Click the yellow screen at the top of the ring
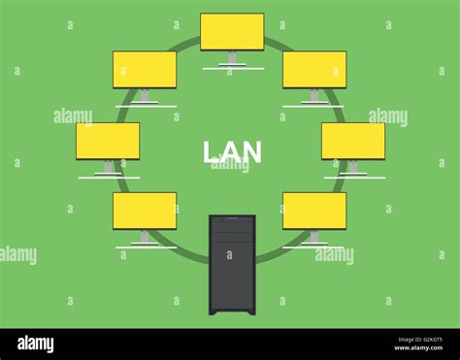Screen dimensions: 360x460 tap(232, 31)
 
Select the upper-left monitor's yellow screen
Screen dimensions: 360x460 tap(145, 70)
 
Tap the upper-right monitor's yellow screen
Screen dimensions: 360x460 tap(314, 70)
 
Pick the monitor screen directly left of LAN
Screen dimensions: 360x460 tap(108, 141)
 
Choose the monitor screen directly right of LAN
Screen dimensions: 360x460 tap(353, 141)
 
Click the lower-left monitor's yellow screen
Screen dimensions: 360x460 tap(145, 211)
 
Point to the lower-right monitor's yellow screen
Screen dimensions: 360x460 tap(314, 211)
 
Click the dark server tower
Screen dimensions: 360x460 tap(232, 264)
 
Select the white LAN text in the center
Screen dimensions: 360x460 tap(232, 152)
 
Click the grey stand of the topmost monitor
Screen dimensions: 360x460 tap(232, 58)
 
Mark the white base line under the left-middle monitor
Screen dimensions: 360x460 tap(109, 178)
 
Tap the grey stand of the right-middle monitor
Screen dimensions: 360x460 tap(352, 167)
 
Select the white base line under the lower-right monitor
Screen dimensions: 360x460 tap(313, 246)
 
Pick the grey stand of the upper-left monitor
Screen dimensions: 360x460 tap(145, 95)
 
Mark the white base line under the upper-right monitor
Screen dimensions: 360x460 tap(313, 106)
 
